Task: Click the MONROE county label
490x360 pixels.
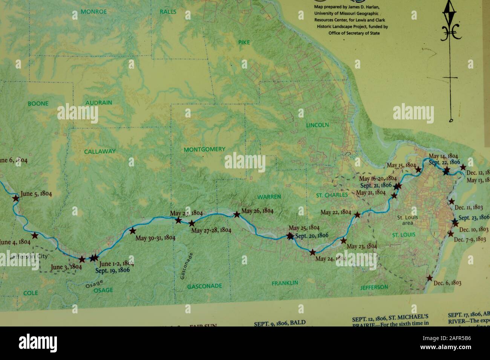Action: pos(94,12)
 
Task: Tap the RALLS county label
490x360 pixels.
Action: pos(168,12)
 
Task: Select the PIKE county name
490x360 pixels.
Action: pos(244,43)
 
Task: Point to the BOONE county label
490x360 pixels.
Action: pos(38,103)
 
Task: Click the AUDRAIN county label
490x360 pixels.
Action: pos(99,102)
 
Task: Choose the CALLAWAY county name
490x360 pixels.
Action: pos(100,151)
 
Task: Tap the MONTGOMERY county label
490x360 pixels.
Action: pos(204,149)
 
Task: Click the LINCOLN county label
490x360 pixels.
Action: pos(317,125)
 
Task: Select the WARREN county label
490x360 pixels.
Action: pos(269,197)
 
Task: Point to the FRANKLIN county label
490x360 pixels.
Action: pos(285,283)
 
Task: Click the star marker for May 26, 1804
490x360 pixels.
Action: pos(237,214)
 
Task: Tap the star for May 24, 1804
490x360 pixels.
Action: pos(312,252)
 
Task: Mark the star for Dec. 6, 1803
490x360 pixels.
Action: pos(429,278)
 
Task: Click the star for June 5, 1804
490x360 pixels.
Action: pos(16,198)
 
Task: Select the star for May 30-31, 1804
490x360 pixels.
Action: pos(132,231)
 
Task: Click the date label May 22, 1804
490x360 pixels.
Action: pos(336,212)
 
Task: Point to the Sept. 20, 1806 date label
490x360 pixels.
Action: pos(312,235)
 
